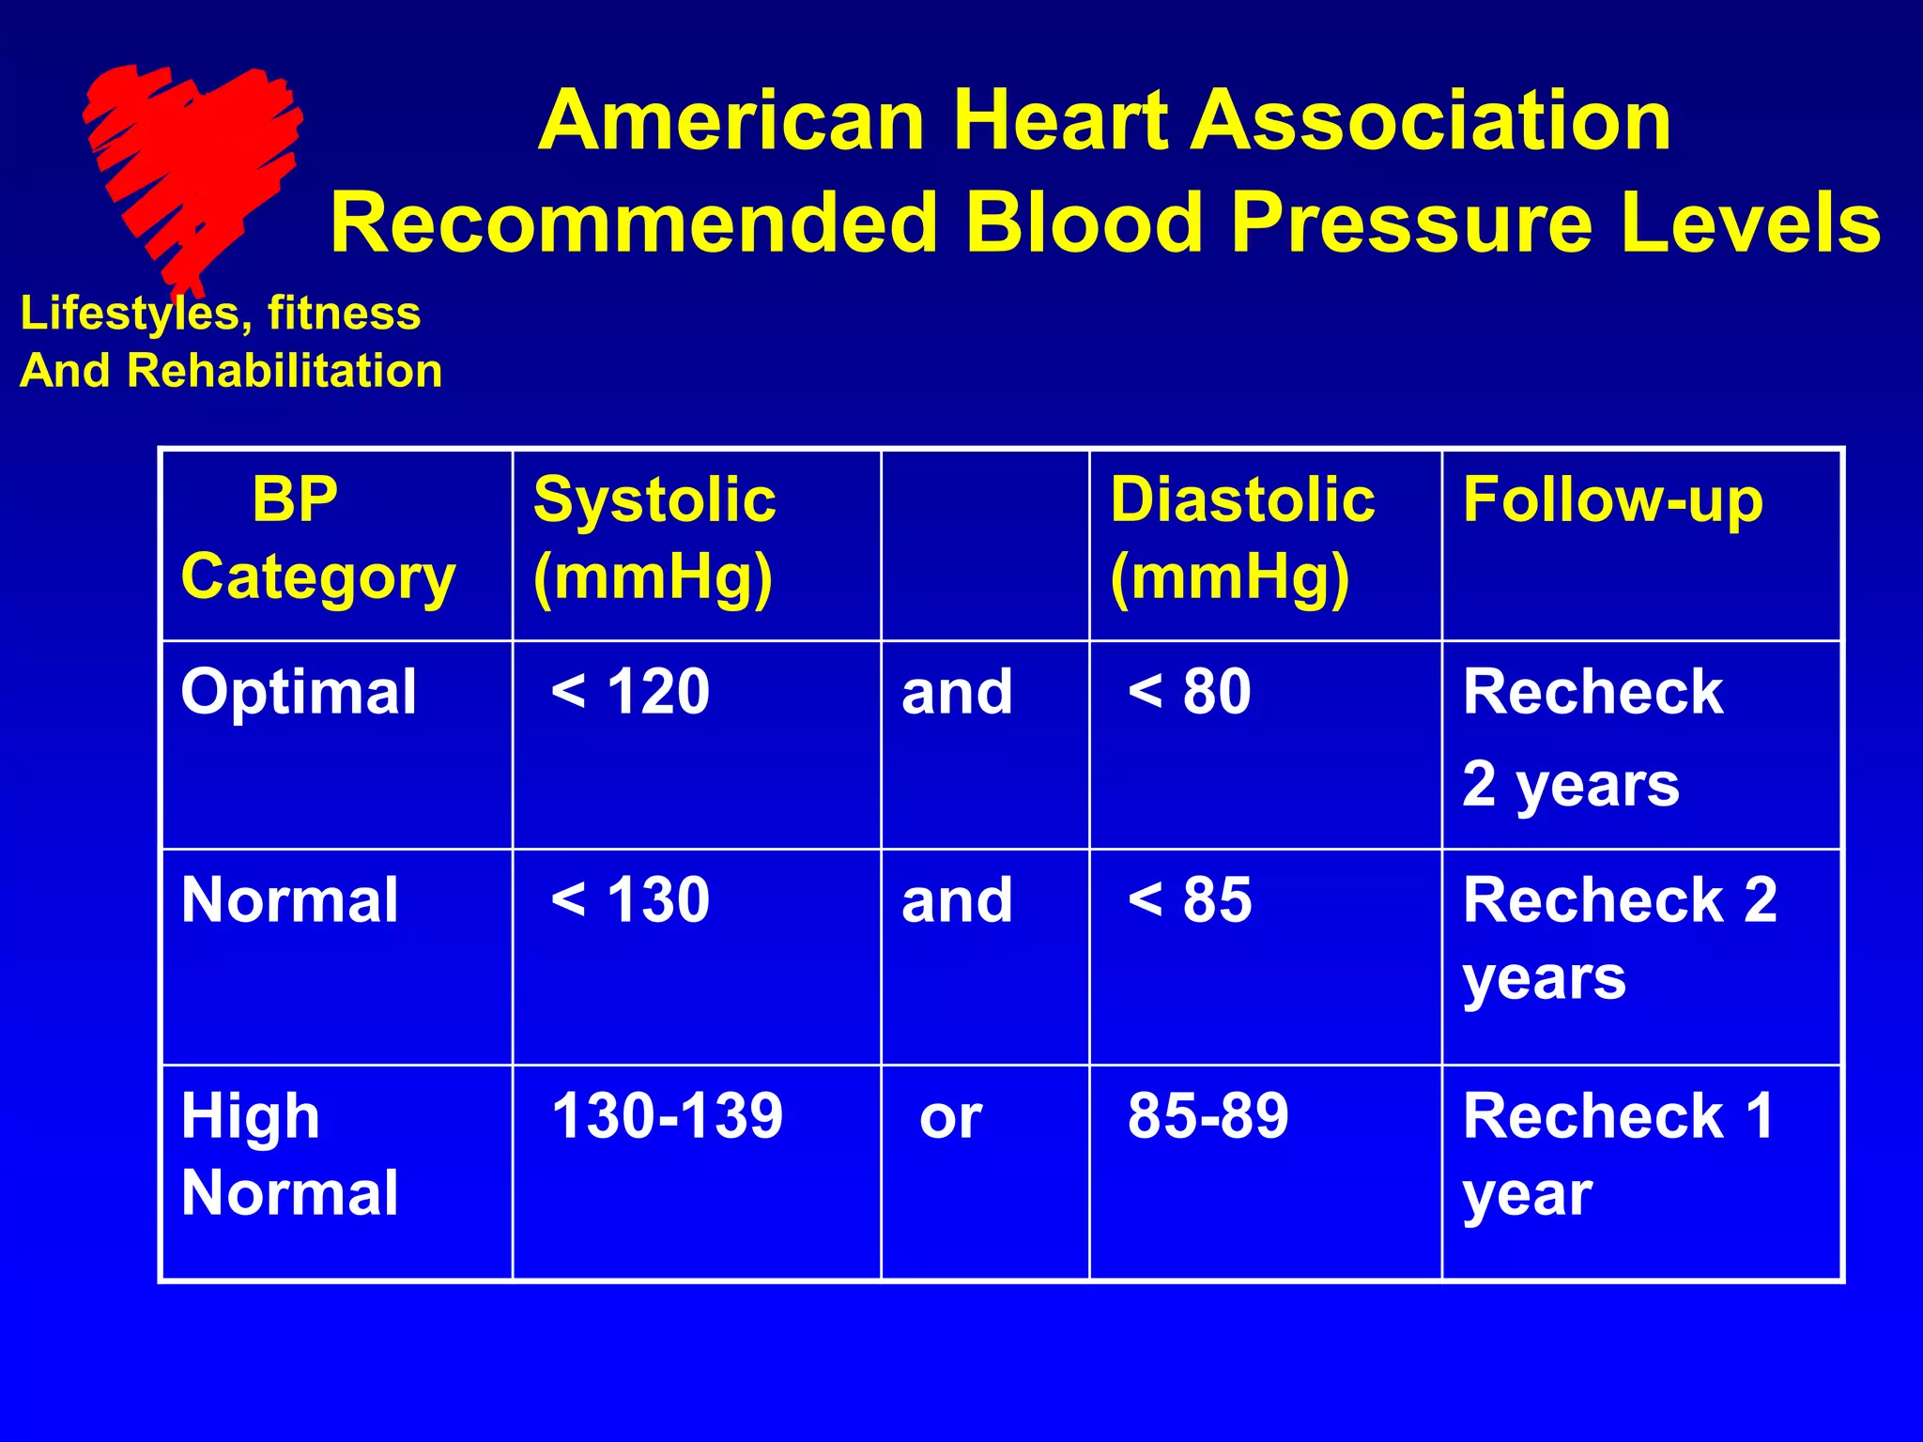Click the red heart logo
[192, 169]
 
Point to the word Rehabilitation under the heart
[285, 371]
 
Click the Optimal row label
[299, 693]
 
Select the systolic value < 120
[630, 693]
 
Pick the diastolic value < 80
[1190, 693]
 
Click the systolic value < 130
[630, 900]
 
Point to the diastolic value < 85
[1190, 900]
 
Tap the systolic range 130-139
[667, 1116]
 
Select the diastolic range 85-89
[1208, 1116]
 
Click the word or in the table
[950, 1118]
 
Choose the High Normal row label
[289, 1155]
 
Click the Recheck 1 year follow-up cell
[1618, 1155]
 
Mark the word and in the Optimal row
[957, 693]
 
